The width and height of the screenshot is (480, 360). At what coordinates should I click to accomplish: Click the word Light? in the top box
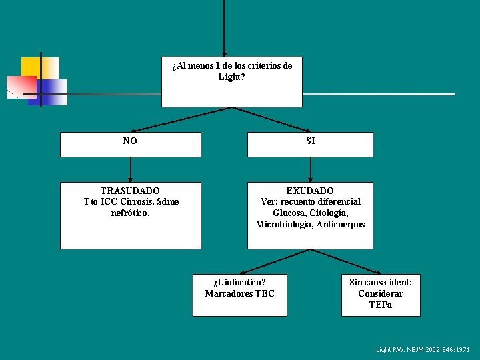coord(231,77)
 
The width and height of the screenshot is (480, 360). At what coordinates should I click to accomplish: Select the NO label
coord(130,141)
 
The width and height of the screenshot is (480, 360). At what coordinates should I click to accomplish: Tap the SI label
coord(310,141)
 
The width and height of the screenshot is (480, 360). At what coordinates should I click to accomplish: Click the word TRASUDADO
coord(130,191)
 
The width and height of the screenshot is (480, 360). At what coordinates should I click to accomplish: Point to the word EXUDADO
coord(310,191)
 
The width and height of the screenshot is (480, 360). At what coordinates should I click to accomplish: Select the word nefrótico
coord(131,213)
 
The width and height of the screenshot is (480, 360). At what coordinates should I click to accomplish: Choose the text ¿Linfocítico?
coord(239,282)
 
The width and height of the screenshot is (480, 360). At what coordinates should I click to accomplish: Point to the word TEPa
coord(381,305)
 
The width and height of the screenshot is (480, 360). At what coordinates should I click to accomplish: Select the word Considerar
coord(381,293)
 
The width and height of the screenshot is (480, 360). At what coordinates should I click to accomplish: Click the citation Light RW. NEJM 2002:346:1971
coord(423,349)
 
